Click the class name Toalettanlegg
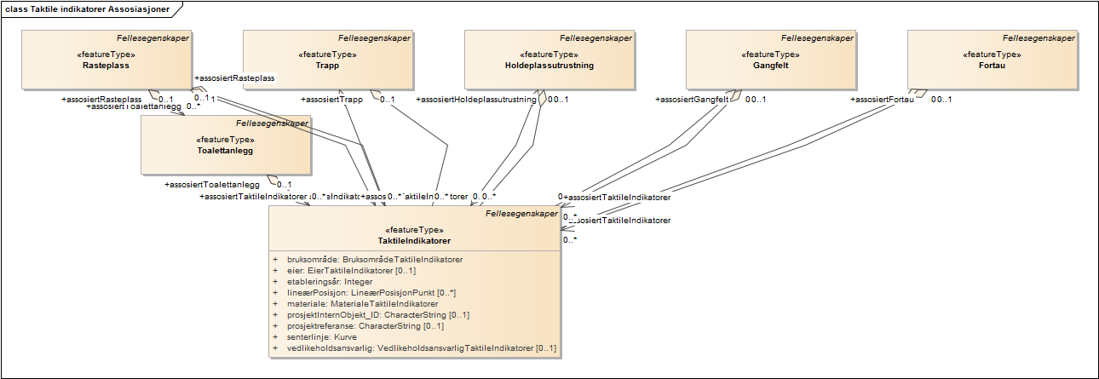pyautogui.click(x=225, y=150)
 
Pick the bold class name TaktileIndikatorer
pyautogui.click(x=415, y=240)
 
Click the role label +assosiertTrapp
pyautogui.click(x=332, y=100)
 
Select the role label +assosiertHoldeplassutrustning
pyautogui.click(x=476, y=100)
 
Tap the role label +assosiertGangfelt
pyautogui.click(x=692, y=100)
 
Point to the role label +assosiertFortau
pyautogui.click(x=883, y=100)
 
